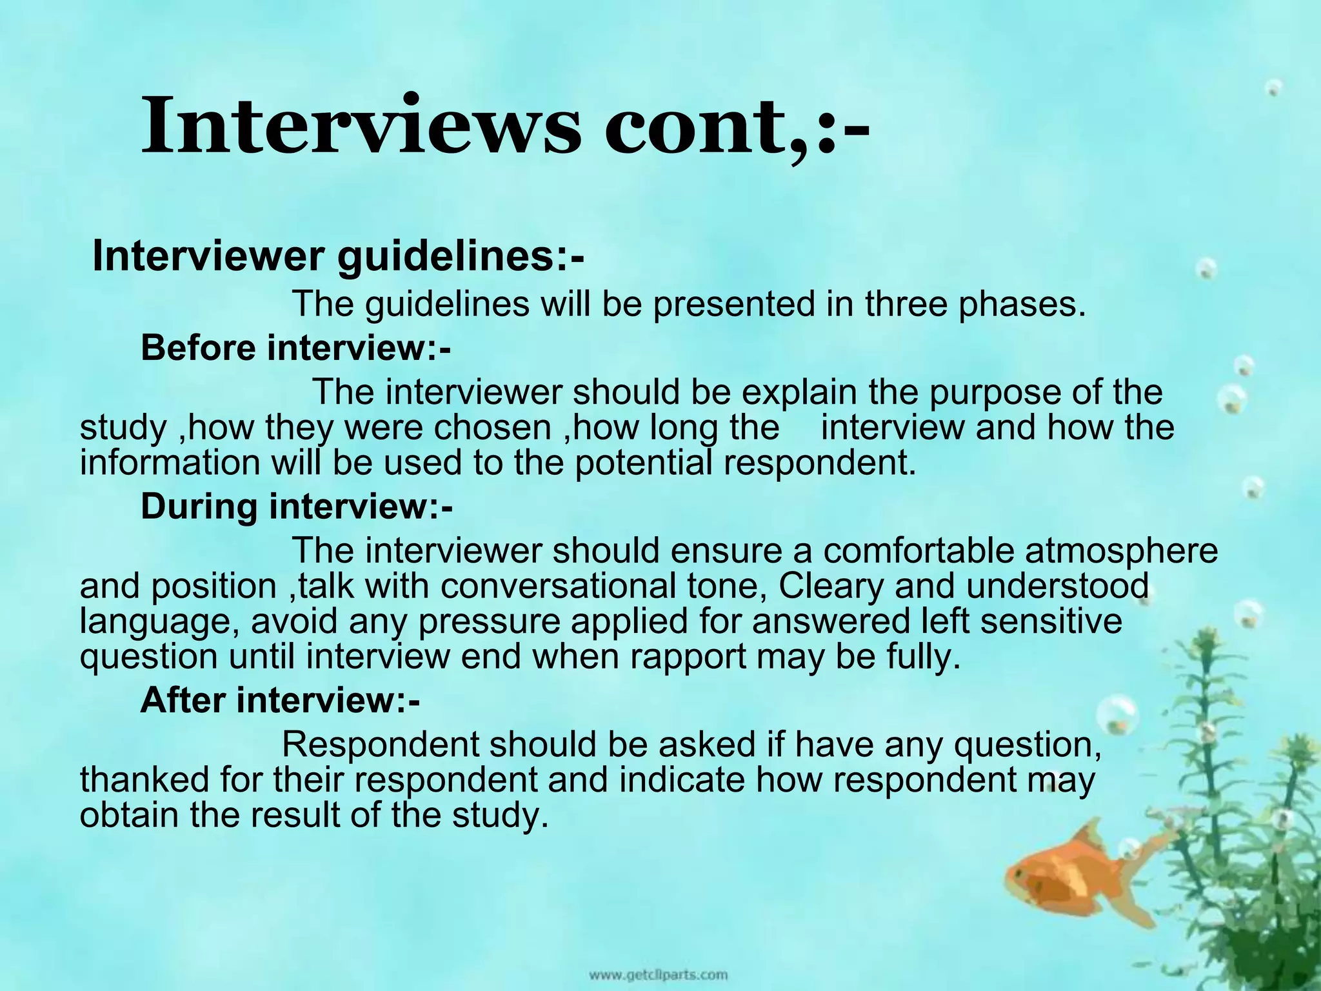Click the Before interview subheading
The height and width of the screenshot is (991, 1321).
tap(295, 348)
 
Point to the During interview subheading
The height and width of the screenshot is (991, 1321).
tap(297, 506)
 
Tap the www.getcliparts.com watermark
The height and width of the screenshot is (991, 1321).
tap(658, 974)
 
